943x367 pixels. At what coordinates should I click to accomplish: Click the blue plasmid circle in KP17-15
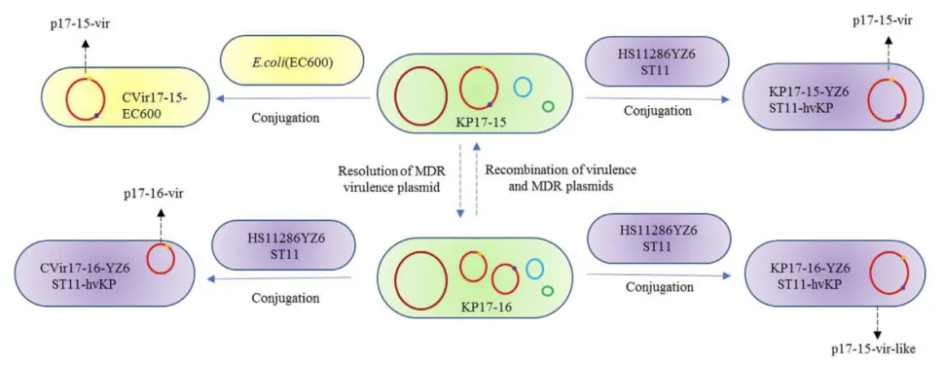[524, 88]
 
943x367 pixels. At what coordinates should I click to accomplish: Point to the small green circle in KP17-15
[548, 106]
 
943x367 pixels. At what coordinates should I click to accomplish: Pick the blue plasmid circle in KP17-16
[534, 268]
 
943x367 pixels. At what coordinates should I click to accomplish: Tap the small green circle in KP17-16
[548, 291]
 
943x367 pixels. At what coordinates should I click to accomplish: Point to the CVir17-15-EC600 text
[154, 105]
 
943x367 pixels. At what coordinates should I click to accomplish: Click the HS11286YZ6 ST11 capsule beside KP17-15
[657, 61]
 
